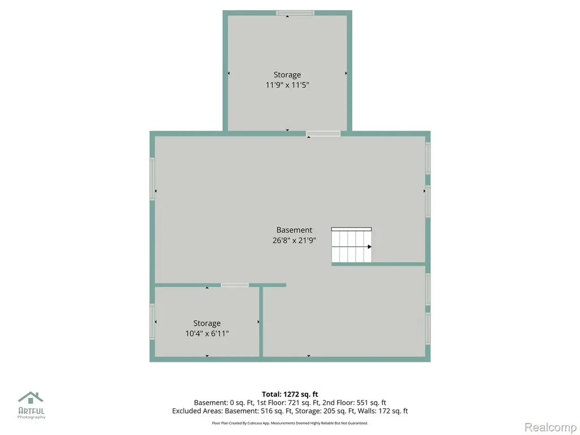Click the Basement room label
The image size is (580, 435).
(294, 230)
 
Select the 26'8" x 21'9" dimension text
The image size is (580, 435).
(294, 240)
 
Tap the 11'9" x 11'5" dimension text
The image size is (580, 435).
(287, 85)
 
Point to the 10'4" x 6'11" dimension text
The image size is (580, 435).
(207, 334)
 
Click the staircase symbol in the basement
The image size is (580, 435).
(351, 245)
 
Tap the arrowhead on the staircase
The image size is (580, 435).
(369, 247)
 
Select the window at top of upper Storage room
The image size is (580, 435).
(295, 13)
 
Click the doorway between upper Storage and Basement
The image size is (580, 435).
(323, 134)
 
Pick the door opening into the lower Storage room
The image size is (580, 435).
(235, 285)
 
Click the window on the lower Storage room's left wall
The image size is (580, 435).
(152, 322)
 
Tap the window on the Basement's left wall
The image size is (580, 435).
(152, 179)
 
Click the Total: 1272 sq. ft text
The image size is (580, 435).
(290, 394)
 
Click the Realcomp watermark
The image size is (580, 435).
(551, 427)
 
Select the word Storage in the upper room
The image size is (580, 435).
(287, 75)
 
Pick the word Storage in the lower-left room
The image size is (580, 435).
(207, 323)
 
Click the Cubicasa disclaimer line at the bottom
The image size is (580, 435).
(290, 423)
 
